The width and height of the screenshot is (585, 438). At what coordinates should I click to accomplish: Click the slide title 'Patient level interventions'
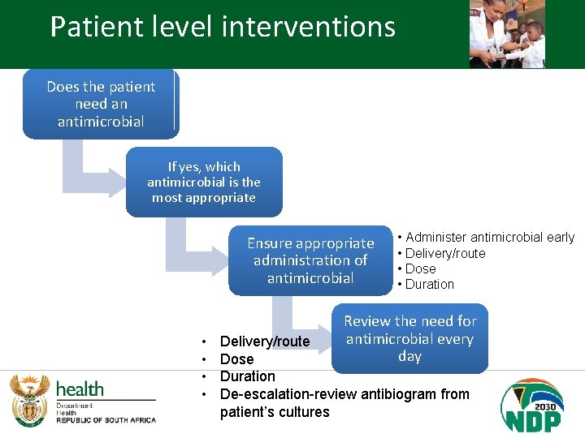(223, 27)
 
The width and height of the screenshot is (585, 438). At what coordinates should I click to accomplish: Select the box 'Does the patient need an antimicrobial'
(101, 104)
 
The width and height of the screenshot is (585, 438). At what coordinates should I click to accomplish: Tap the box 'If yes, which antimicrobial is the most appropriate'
(204, 182)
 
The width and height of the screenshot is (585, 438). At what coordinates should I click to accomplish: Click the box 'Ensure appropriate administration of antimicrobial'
(310, 260)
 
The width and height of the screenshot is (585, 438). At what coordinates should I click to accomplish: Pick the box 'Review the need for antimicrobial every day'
(410, 338)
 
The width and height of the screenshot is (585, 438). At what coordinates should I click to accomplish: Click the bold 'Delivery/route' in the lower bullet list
(265, 341)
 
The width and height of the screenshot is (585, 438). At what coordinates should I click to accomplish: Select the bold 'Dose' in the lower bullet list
(237, 359)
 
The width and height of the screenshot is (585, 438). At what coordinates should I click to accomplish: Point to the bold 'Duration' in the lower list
(248, 376)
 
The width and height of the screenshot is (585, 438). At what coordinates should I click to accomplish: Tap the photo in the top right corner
(507, 34)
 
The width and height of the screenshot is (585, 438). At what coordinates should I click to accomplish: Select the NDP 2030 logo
(532, 405)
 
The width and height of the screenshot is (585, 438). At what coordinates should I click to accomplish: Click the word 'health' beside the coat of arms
(80, 389)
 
